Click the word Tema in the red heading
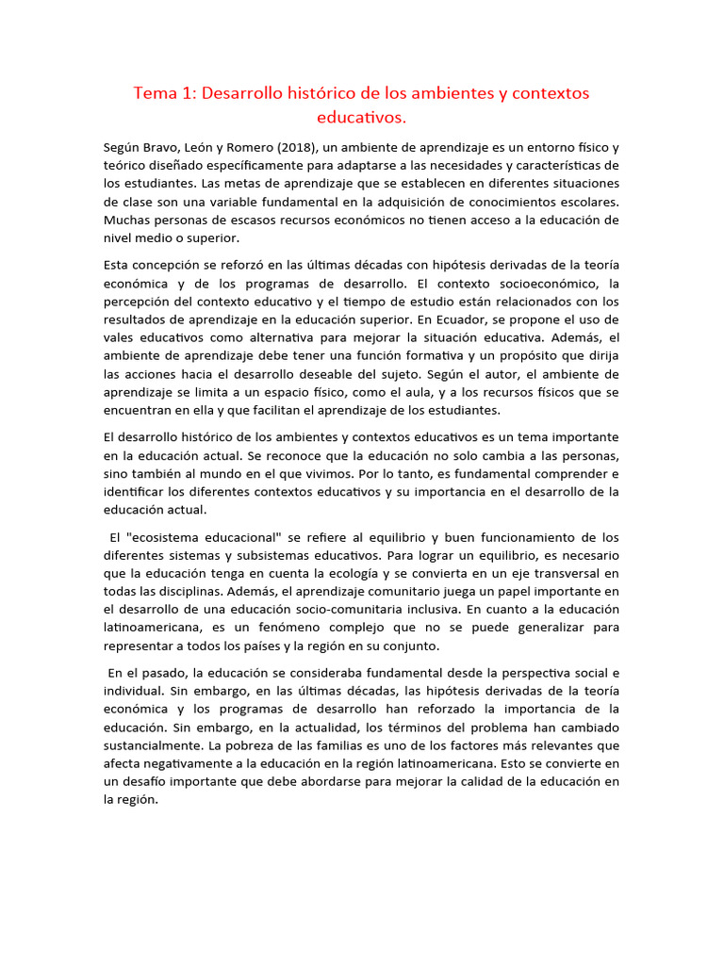click(x=155, y=93)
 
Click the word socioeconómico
click(x=537, y=284)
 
